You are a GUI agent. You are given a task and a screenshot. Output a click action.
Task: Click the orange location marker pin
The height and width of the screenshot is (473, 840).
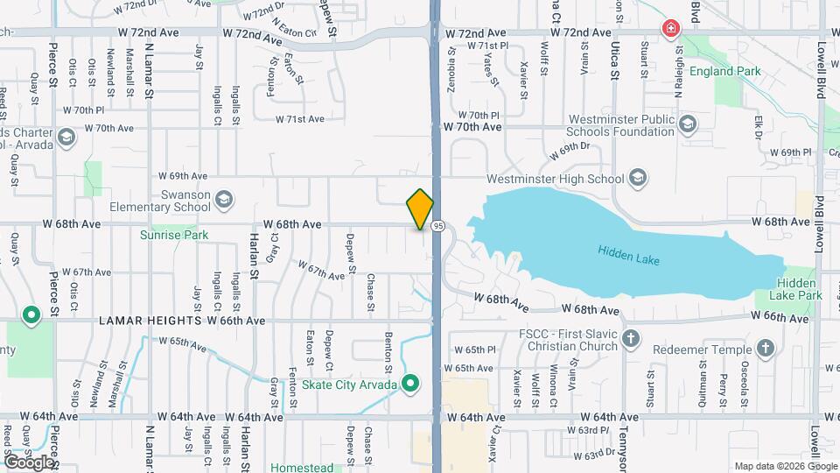tap(420, 209)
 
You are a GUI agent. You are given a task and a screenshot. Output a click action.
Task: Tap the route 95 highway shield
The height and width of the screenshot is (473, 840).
tap(438, 226)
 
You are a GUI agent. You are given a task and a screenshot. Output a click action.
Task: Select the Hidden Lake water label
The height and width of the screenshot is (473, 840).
tap(627, 254)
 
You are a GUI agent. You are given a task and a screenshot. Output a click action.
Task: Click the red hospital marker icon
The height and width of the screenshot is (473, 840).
tap(671, 29)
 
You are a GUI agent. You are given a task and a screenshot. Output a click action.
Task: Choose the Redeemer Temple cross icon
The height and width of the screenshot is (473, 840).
tap(766, 349)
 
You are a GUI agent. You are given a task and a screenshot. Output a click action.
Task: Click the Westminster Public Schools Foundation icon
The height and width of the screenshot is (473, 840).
tap(686, 124)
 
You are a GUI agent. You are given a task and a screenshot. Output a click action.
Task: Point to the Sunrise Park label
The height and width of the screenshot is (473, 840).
tap(174, 235)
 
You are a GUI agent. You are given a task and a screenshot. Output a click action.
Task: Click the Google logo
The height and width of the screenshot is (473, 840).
tap(29, 462)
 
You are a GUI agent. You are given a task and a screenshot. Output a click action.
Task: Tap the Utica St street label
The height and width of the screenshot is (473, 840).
tap(615, 61)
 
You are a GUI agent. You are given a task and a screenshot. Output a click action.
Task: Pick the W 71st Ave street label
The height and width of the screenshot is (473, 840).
tap(300, 119)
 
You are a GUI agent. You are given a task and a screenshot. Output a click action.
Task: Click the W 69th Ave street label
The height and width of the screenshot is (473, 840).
tap(182, 176)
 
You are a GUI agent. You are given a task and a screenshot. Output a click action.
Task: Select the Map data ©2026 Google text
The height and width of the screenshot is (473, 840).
tap(784, 465)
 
